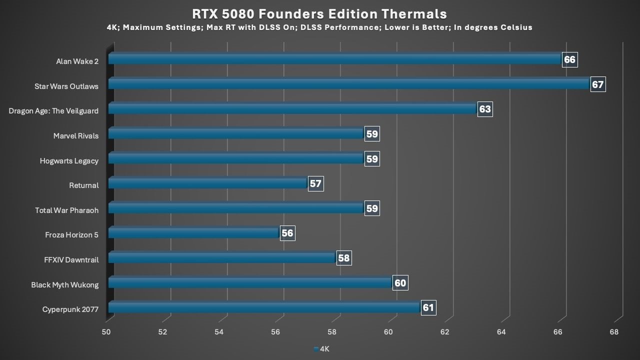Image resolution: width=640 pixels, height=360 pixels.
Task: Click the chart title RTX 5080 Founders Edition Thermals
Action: (x=319, y=13)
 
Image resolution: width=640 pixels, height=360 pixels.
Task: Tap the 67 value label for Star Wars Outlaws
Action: (x=597, y=84)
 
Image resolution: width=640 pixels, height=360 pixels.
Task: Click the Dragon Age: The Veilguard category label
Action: (x=53, y=111)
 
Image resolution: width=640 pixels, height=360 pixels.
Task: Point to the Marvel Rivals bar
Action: (x=235, y=134)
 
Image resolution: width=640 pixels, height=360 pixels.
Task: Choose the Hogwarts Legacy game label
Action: (x=69, y=160)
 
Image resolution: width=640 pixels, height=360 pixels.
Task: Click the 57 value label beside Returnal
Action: (x=315, y=183)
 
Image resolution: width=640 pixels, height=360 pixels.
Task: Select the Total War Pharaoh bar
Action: (x=235, y=208)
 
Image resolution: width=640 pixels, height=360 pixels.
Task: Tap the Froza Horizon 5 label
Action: (x=71, y=235)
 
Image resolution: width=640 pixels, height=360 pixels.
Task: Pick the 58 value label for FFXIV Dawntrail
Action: (x=343, y=258)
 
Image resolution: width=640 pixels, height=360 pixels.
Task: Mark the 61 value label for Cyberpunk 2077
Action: (x=428, y=307)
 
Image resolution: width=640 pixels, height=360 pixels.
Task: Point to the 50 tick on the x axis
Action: (x=106, y=332)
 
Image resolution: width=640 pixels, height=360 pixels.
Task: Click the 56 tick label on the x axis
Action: (x=275, y=332)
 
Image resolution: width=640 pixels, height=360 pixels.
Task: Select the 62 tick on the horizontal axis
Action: (x=444, y=332)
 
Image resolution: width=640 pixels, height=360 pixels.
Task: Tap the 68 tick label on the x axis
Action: (x=614, y=332)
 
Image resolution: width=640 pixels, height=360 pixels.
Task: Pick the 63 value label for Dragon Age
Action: (x=484, y=109)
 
